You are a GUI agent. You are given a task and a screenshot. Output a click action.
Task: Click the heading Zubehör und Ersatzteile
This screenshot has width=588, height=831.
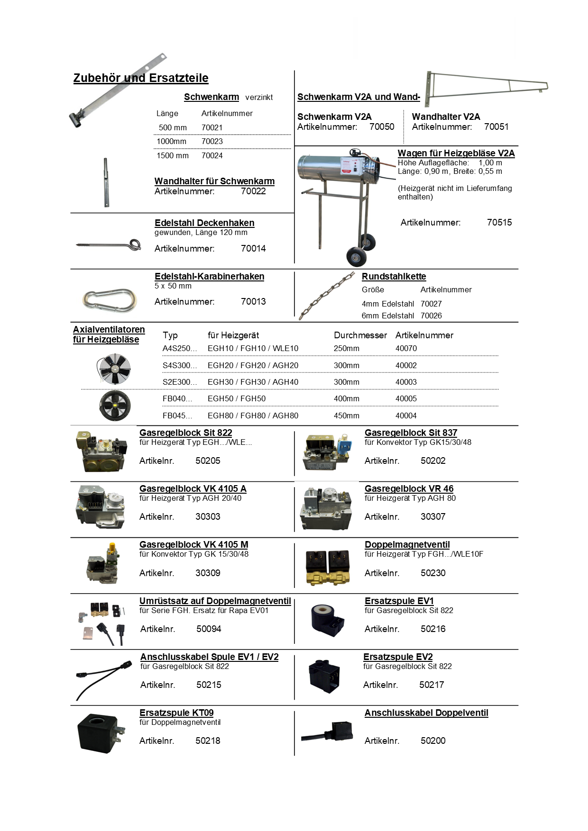click(141, 78)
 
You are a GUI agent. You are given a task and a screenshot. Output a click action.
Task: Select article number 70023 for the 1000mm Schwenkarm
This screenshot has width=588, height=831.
click(212, 141)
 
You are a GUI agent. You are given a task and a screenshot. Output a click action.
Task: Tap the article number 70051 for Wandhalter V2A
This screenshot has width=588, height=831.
click(496, 126)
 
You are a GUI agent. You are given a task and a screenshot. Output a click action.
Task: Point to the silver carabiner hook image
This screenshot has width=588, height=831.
click(110, 300)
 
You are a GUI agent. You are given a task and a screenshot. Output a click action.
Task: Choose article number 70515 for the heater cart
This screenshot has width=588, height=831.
click(499, 222)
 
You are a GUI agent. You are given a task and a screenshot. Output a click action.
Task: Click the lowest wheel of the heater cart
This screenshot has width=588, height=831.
click(356, 257)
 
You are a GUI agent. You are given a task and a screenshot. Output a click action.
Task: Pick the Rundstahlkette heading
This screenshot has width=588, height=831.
click(394, 276)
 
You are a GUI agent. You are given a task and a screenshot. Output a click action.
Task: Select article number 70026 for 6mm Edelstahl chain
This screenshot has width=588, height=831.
click(431, 316)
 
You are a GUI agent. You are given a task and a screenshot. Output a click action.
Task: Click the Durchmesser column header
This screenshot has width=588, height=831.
click(360, 335)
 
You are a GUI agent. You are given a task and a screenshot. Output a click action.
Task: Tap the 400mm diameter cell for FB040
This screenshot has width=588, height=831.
click(346, 398)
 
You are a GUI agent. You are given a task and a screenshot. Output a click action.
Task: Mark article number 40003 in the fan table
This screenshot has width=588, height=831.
click(406, 382)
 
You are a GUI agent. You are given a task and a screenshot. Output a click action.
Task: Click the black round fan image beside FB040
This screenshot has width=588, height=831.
click(115, 406)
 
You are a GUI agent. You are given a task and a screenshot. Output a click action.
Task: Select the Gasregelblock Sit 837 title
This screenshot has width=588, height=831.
click(411, 433)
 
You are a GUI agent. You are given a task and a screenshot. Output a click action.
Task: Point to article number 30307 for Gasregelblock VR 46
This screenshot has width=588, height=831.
click(433, 516)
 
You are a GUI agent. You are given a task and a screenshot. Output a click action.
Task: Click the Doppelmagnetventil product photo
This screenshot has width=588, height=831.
click(328, 566)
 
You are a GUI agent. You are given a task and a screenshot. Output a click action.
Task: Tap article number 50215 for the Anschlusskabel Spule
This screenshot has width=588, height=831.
click(209, 685)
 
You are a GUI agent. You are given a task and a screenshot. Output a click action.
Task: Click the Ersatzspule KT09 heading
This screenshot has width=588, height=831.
click(176, 713)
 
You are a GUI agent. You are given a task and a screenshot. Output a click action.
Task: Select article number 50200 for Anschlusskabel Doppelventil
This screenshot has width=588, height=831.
click(433, 741)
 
